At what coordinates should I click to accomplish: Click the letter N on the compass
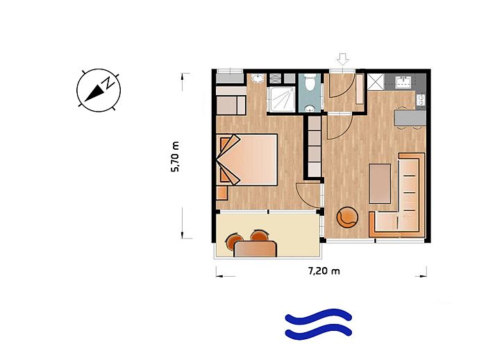109,83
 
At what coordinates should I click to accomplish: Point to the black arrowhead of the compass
94,94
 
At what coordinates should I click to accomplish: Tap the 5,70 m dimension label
175,157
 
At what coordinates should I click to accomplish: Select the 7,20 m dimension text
324,271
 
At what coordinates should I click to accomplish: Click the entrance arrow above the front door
342,59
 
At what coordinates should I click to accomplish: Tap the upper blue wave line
318,316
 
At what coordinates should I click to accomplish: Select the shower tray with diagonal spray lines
282,99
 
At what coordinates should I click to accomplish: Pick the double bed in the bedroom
247,160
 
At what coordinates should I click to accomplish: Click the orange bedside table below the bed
222,193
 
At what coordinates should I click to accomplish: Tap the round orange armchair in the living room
348,216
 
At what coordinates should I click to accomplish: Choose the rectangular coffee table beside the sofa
380,184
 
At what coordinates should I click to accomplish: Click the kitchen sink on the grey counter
403,82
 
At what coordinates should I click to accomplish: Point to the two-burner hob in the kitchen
421,100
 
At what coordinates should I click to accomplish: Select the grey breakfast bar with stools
410,118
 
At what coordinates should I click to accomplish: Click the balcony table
255,248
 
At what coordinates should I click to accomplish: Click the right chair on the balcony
260,235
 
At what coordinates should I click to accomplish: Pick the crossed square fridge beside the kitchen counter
376,83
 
